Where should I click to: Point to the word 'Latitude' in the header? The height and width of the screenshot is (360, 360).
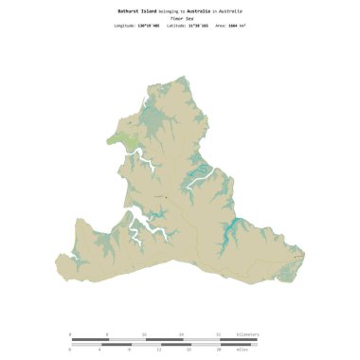pos(177,26)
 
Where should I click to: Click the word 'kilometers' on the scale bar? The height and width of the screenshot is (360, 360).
pos(246,333)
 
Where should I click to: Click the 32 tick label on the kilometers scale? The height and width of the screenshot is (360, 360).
pos(218,333)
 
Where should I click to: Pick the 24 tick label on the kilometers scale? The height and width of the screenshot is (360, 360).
pos(181,333)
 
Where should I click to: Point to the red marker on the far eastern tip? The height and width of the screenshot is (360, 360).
pos(300,254)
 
